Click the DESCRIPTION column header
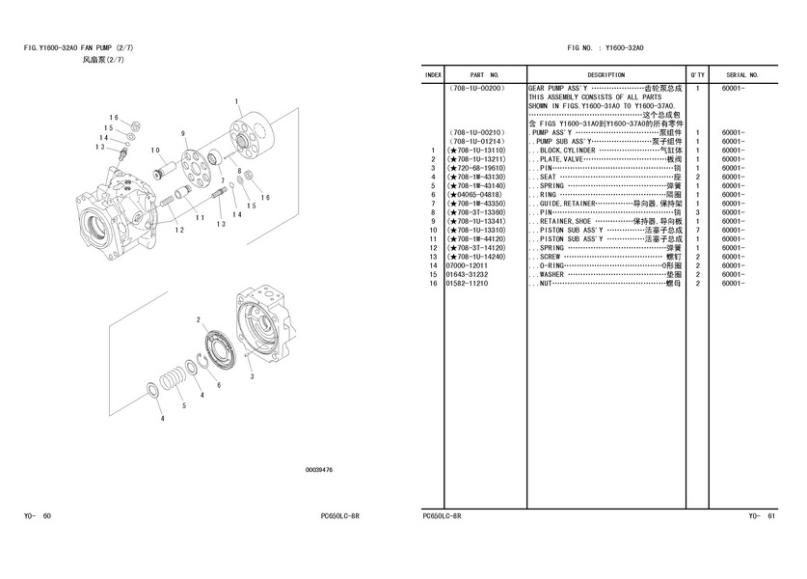tap(605, 74)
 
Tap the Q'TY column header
tap(697, 74)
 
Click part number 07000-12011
tap(467, 265)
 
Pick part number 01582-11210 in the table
tap(467, 283)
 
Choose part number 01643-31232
tap(467, 274)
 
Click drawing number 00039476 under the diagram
tap(318, 470)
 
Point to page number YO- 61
tap(762, 516)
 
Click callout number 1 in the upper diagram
tap(237, 101)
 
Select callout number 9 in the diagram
tap(182, 132)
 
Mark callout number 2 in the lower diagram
tap(199, 319)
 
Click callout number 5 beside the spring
tap(183, 405)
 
